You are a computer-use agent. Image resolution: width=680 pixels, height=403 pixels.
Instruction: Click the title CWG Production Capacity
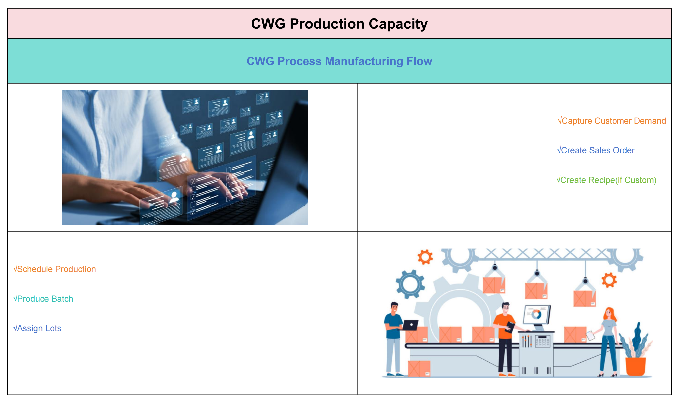coord(339,24)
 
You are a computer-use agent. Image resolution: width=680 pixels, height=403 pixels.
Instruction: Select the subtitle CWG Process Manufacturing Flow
coord(339,61)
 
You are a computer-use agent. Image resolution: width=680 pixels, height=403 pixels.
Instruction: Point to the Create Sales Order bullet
coord(596,150)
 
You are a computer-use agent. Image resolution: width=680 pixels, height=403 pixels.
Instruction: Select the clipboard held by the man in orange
coord(510,327)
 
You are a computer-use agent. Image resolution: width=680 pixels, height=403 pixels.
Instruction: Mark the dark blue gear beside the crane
coord(410,284)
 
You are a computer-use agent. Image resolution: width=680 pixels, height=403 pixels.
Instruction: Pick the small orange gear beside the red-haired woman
coord(609,280)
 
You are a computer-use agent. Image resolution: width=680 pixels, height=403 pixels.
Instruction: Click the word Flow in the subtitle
coord(419,61)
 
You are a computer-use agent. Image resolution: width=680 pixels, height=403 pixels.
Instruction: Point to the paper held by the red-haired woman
coord(590,335)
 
